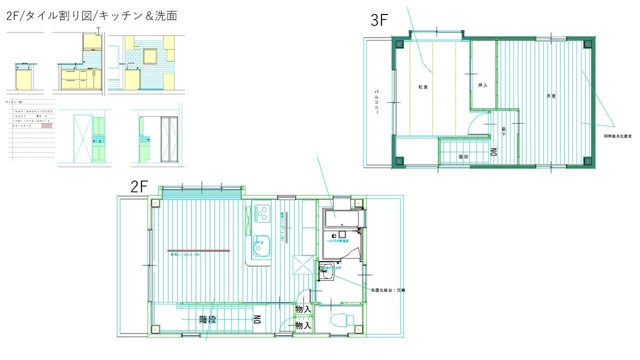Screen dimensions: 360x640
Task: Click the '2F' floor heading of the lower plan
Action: (x=139, y=187)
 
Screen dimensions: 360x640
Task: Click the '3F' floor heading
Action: (x=379, y=20)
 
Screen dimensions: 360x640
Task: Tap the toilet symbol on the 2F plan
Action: (x=342, y=319)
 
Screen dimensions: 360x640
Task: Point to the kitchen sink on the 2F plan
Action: (x=261, y=245)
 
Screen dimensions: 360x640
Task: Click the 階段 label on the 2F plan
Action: (x=207, y=320)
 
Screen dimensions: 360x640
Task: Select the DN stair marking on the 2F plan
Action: (x=257, y=319)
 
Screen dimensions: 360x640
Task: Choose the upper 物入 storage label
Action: (x=303, y=310)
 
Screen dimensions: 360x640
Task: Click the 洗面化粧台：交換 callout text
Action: (x=387, y=290)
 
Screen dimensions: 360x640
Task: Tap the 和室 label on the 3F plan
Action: (x=423, y=87)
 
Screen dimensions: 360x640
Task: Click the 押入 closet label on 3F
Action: (x=482, y=85)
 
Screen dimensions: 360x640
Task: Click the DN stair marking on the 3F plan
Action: (x=493, y=151)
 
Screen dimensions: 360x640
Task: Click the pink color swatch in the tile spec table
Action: (x=46, y=126)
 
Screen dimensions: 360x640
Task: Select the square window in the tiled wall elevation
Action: (x=150, y=56)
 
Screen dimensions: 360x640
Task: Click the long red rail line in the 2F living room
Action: (x=198, y=250)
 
